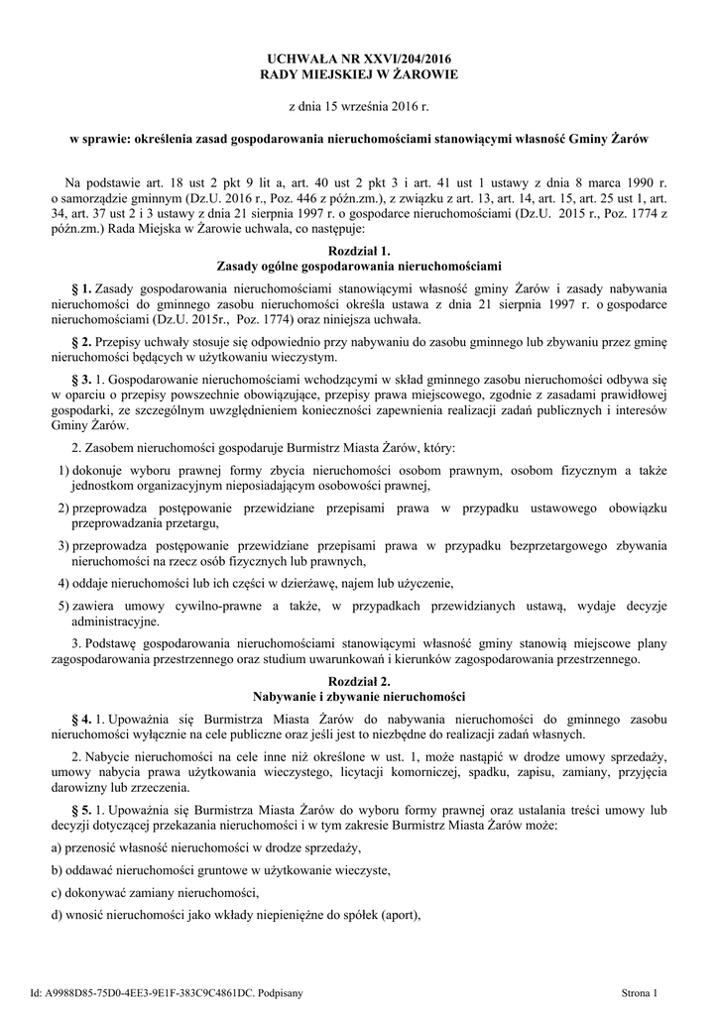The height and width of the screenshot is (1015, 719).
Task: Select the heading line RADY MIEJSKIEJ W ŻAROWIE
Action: coord(359,75)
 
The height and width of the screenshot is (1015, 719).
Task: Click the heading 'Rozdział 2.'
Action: coord(359,681)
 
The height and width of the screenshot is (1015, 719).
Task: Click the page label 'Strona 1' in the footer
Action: coord(640,991)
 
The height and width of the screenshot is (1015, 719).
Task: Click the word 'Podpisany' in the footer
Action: coord(281,991)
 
